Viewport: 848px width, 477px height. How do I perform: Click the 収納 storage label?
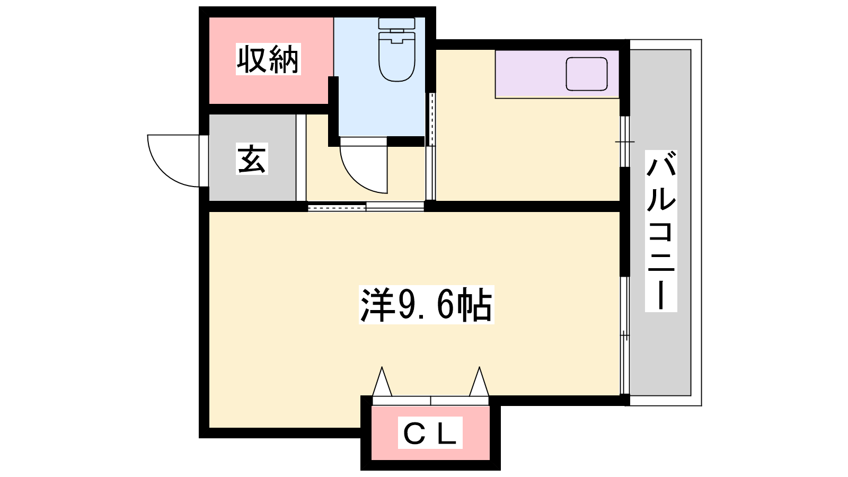(268, 59)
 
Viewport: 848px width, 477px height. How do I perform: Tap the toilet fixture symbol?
(397, 50)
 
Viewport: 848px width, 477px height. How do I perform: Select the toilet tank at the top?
(397, 23)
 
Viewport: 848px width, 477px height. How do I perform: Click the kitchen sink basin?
(586, 74)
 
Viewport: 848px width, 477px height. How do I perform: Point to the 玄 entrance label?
(252, 158)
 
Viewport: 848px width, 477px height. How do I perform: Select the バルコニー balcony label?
(661, 231)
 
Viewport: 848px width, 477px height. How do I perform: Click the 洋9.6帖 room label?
(426, 305)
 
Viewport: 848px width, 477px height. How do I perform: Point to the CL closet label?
(430, 432)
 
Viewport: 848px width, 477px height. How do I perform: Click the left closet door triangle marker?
(382, 382)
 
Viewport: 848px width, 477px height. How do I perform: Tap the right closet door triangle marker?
(479, 382)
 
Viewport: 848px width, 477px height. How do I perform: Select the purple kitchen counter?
(557, 74)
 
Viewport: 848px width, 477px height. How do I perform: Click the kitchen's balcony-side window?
(625, 141)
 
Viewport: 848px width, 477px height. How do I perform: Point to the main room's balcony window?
(625, 336)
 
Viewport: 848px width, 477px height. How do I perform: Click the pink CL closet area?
(430, 432)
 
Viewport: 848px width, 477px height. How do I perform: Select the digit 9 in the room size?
(403, 305)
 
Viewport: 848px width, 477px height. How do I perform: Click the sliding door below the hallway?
(366, 207)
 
